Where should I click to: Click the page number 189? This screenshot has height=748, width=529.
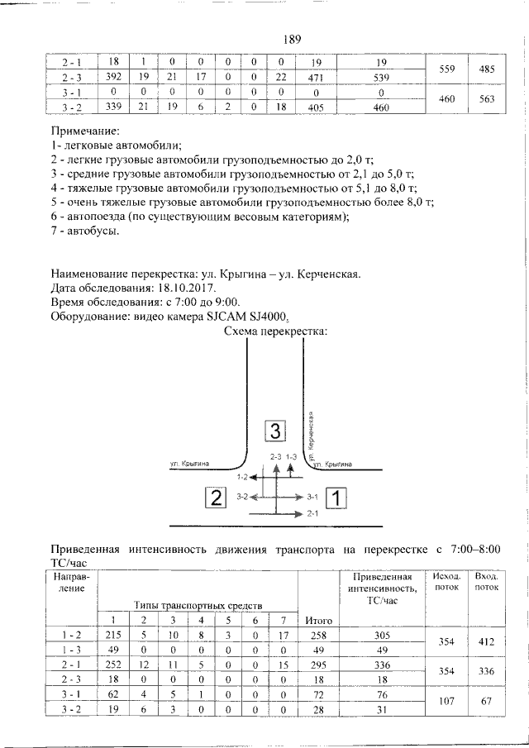coord(290,38)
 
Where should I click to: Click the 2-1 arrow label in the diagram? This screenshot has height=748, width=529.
coord(312,514)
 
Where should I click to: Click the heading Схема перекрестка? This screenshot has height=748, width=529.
coord(276,331)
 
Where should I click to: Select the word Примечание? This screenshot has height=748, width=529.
coord(86,131)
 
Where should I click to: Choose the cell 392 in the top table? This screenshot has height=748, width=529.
coord(114,77)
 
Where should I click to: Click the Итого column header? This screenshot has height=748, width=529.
coord(318,620)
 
